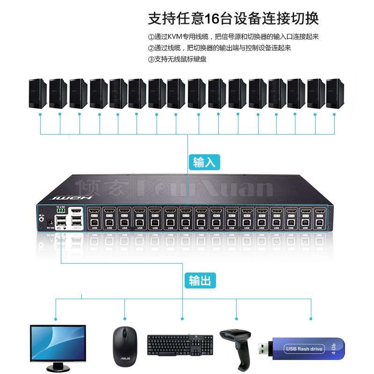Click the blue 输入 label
(x=204, y=162)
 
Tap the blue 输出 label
(x=200, y=280)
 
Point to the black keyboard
(x=181, y=345)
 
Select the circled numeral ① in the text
(x=151, y=37)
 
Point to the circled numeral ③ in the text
(x=151, y=59)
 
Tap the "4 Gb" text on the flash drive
(x=333, y=348)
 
